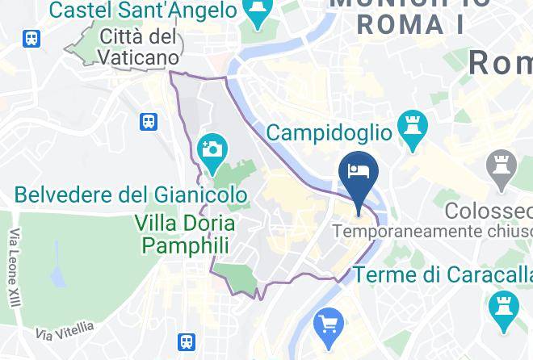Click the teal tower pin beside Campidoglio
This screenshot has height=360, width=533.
(413, 130)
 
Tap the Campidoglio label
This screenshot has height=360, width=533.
(329, 132)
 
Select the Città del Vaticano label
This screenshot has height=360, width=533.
(139, 47)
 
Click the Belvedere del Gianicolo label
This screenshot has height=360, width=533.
(131, 195)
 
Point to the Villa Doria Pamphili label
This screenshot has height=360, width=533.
(186, 234)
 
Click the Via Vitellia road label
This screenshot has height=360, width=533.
(65, 330)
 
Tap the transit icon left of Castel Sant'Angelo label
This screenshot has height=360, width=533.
(32, 37)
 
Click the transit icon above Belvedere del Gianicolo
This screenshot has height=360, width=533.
(149, 122)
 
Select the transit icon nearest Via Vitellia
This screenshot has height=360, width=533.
(187, 341)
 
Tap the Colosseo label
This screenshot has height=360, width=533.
(489, 211)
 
